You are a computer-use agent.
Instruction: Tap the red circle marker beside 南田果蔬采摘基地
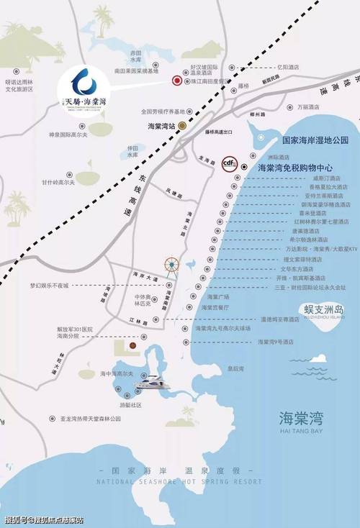176,81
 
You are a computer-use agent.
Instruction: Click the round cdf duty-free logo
230,164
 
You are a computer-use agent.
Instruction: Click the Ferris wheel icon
171,266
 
